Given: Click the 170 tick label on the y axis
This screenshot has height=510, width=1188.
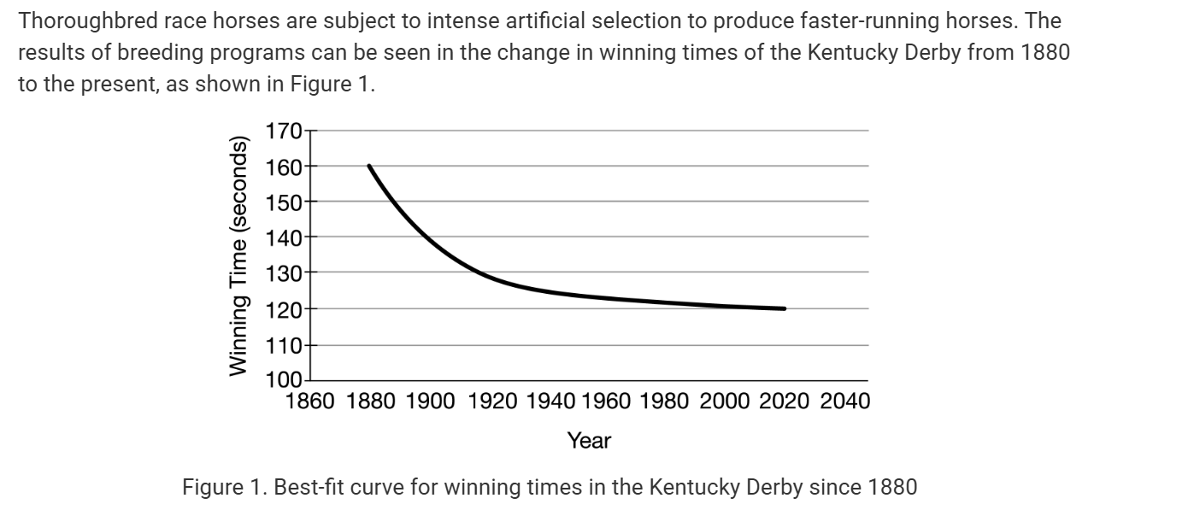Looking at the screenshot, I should tap(283, 132).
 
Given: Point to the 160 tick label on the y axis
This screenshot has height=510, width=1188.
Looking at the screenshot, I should tap(283, 167).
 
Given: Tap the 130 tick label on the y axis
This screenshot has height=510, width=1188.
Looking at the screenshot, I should tap(283, 273).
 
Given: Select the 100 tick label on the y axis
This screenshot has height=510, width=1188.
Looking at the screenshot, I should tap(283, 380).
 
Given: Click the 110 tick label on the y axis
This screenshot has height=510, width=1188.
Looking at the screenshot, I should tap(283, 345).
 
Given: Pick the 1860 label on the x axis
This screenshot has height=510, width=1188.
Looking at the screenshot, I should tap(309, 402).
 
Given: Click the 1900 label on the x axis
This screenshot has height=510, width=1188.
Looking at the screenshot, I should tap(431, 402).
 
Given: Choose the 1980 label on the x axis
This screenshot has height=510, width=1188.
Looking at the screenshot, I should tap(663, 402).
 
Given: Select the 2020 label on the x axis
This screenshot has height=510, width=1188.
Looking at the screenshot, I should tap(785, 402).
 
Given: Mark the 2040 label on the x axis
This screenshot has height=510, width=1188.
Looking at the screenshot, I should tap(845, 402).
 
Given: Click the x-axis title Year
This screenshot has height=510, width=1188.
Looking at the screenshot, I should tap(589, 441).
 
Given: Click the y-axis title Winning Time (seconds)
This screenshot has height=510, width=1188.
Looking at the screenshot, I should tap(238, 255).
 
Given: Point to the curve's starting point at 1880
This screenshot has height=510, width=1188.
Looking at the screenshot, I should tap(369, 166).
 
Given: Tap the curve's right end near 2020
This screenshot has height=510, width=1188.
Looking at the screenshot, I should tap(784, 308).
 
